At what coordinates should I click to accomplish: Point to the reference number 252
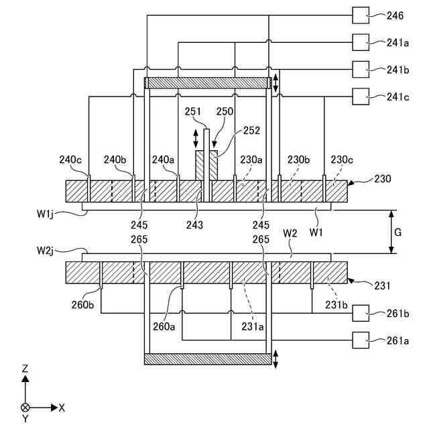252,131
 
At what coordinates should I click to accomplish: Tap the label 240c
70,160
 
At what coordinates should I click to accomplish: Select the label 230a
251,160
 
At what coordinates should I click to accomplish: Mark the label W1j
48,214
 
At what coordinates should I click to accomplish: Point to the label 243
194,225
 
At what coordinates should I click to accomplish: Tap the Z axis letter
25,369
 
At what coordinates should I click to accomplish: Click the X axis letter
62,407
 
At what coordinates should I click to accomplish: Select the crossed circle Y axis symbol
25,407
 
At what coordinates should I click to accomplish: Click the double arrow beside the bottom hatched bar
275,359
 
